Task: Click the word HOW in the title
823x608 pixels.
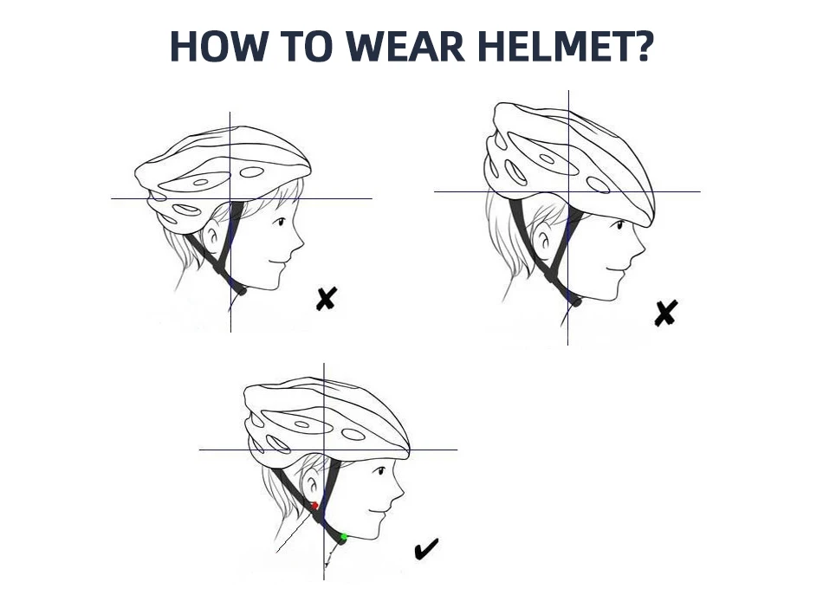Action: point(217,47)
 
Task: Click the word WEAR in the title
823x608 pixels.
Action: point(405,47)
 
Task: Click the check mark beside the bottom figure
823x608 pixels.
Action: point(426,549)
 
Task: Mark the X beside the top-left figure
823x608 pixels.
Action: point(326,299)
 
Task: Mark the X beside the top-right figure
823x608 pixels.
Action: point(665,314)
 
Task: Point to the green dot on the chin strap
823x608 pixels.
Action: point(344,536)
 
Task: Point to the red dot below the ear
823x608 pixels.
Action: point(314,506)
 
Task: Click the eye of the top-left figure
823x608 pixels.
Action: point(281,222)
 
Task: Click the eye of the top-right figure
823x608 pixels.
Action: point(620,225)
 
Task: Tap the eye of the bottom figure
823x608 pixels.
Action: point(381,470)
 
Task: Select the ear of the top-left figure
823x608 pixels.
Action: point(212,237)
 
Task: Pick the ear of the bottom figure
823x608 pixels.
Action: point(310,486)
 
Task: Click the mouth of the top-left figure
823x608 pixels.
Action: point(278,262)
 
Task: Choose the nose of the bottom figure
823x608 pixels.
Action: point(398,493)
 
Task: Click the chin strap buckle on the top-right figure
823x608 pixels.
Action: point(575,301)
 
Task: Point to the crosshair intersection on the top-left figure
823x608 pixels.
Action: point(230,199)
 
